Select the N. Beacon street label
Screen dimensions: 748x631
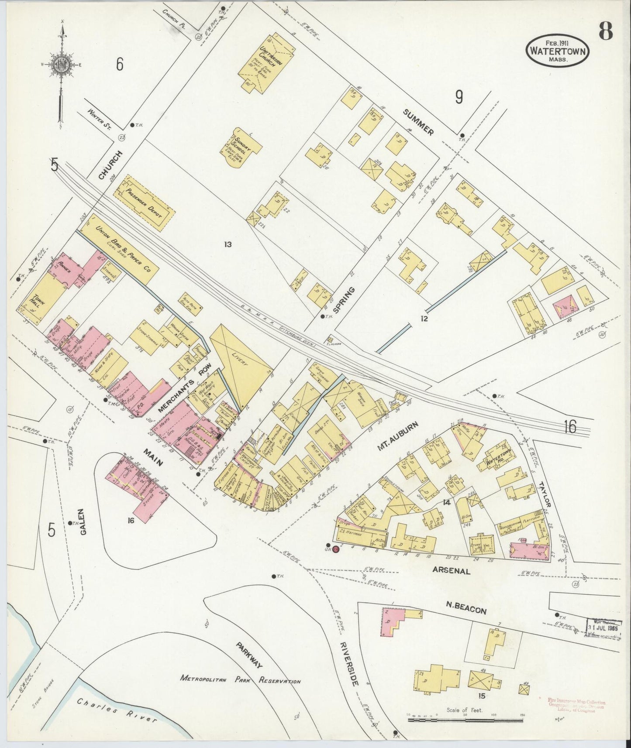(x=466, y=607)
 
